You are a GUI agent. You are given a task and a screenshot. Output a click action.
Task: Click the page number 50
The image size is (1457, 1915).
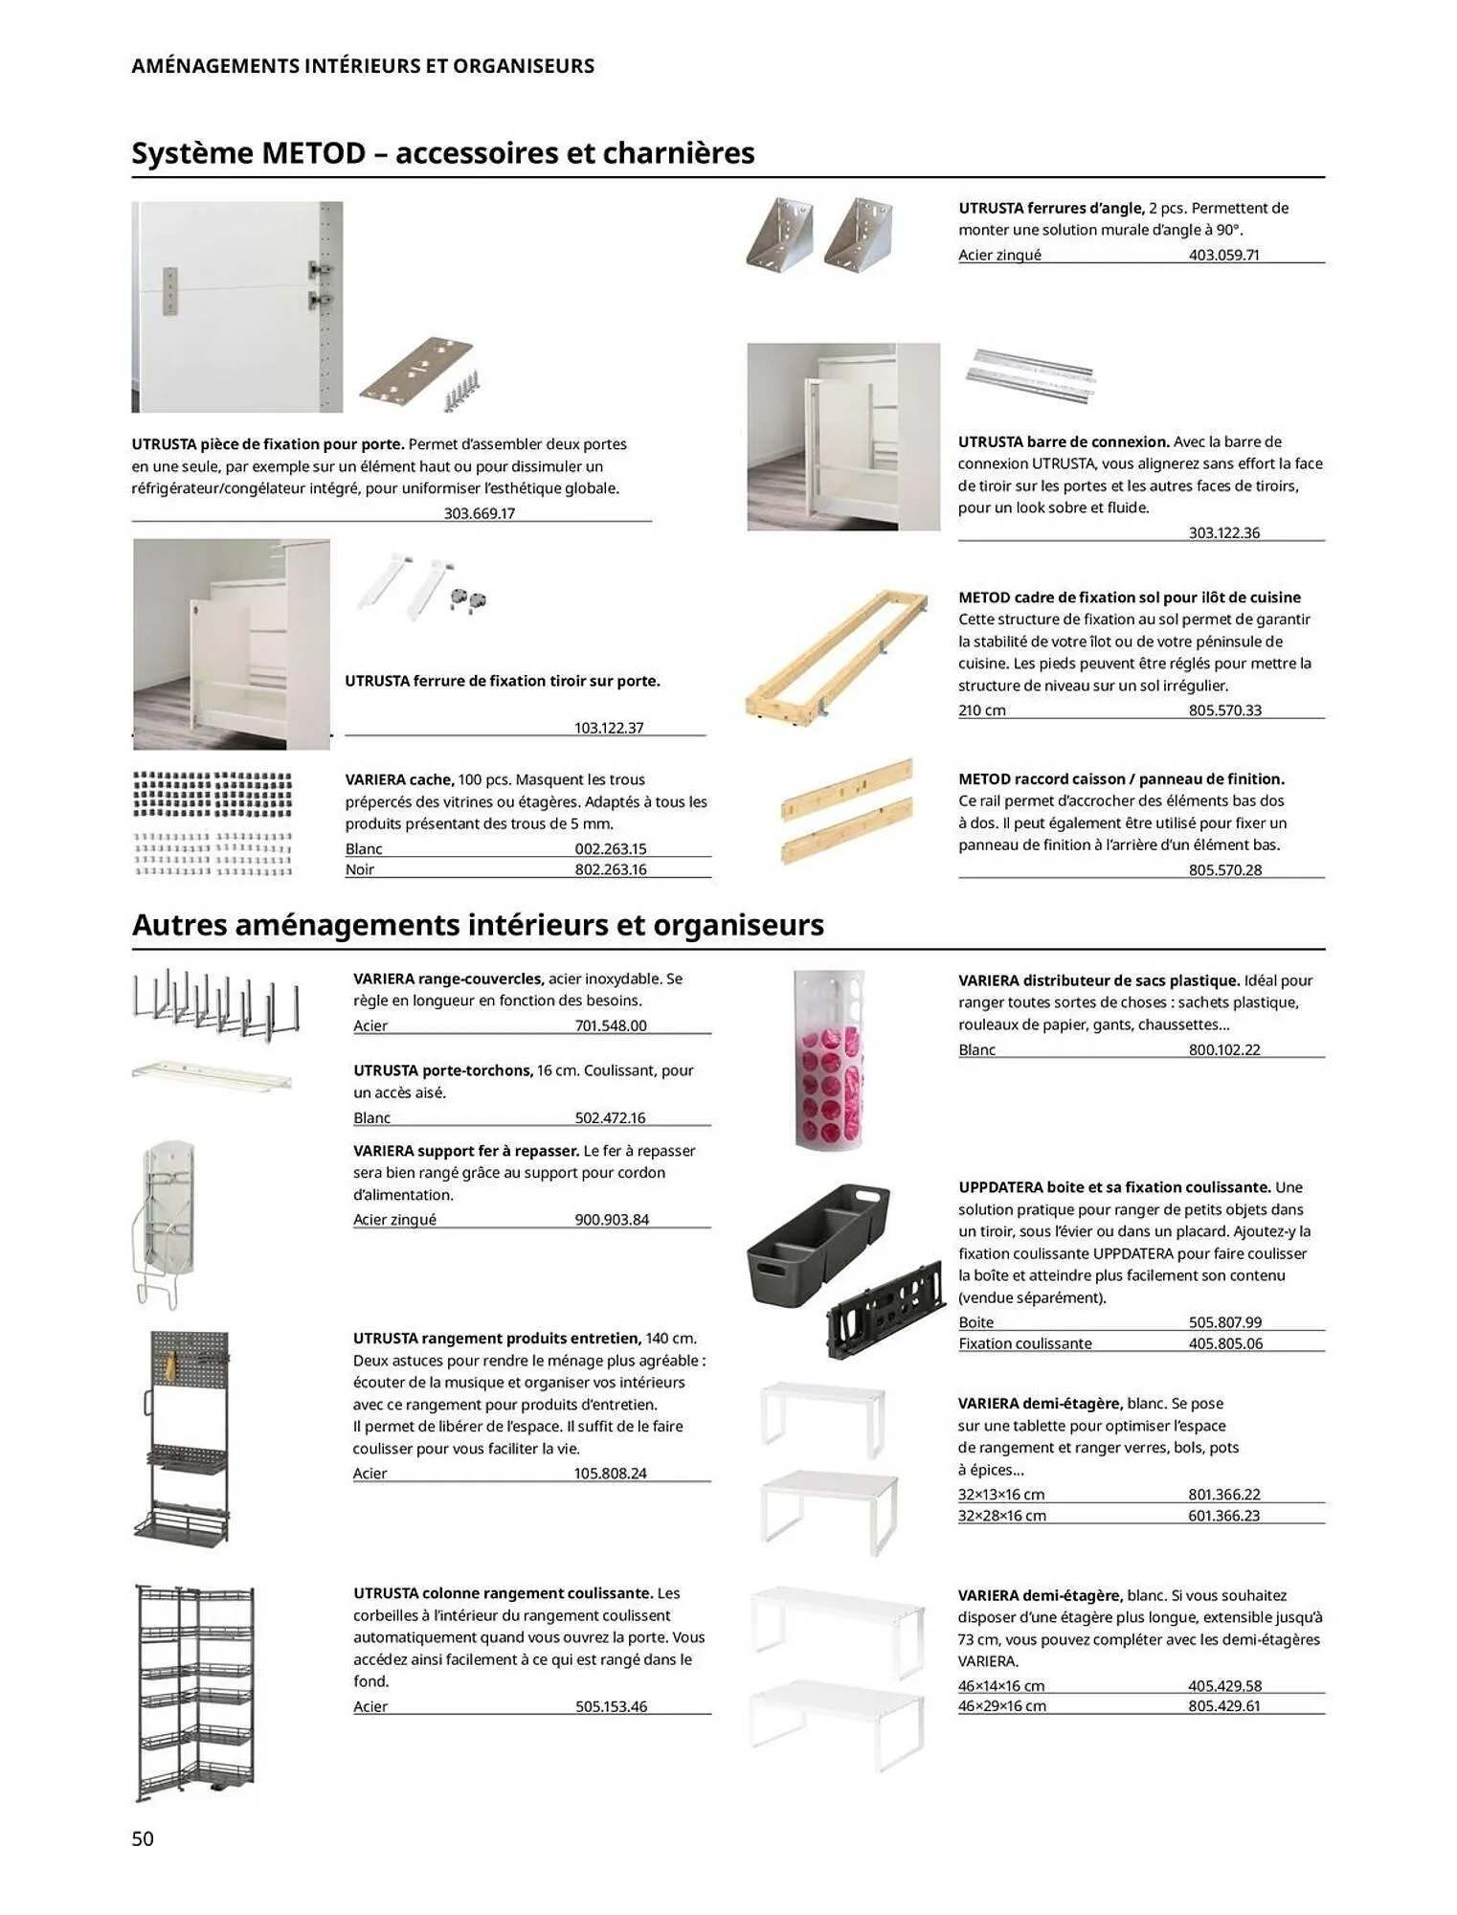coord(143,1837)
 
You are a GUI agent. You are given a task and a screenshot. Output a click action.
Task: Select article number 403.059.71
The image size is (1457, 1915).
coord(1223,255)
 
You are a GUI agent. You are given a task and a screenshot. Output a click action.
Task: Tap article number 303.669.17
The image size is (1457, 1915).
coord(479,513)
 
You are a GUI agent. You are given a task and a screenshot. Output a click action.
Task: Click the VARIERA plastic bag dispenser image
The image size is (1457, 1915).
coord(829,1058)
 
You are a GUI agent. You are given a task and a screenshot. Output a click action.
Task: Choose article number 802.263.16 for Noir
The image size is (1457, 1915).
coord(610,869)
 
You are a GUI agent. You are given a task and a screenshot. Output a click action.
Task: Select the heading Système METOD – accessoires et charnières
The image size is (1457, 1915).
coord(442,153)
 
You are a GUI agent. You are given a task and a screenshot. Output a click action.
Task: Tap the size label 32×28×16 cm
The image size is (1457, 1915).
coord(1001,1516)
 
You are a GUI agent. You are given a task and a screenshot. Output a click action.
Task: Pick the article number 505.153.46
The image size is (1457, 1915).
coord(611,1706)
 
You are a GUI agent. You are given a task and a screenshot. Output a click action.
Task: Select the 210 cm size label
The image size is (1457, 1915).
coord(981,710)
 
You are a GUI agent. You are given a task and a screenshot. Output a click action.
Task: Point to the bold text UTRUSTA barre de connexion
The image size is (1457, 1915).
coord(1064,441)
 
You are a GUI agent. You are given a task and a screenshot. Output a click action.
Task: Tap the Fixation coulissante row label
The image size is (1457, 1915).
coord(1024,1343)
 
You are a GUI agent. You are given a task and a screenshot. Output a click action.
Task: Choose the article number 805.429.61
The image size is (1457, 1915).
coord(1223,1706)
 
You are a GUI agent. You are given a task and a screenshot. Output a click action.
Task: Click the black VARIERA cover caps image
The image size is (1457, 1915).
coord(212,794)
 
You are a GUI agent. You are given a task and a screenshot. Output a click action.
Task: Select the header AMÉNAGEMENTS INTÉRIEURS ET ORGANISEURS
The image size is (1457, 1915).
coord(362,66)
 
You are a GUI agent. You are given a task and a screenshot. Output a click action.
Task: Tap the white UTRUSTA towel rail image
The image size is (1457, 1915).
coord(212,1073)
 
